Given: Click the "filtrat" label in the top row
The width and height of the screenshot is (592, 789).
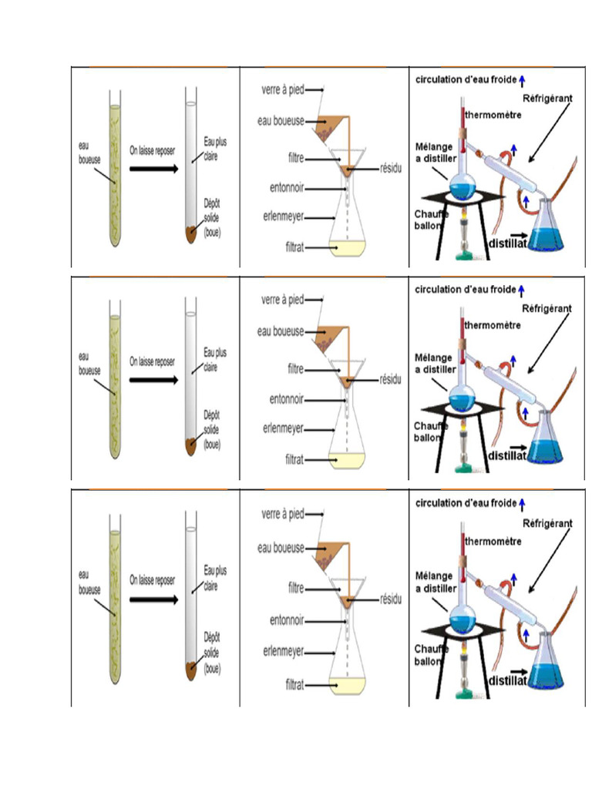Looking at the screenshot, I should (294, 247).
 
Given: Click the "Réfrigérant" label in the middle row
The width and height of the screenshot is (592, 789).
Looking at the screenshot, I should (547, 308).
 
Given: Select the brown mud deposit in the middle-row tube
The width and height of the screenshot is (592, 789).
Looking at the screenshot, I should (192, 445).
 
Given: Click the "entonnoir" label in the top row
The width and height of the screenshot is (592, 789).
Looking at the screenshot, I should (287, 189).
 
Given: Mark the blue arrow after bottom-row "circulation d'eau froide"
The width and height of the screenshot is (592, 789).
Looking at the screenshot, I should (522, 503).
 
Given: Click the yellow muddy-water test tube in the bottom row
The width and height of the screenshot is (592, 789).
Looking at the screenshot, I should (115, 601).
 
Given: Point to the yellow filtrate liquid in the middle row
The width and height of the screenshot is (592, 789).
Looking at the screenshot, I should (346, 460).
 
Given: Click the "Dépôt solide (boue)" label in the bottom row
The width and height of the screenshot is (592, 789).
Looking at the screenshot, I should (214, 652).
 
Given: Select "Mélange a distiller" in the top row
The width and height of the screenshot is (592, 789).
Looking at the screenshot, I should (436, 150).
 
